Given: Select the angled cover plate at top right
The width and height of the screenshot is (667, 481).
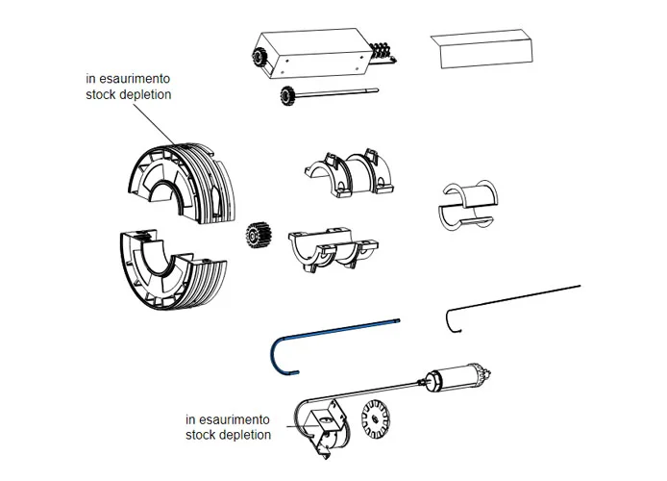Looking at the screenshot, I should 485,50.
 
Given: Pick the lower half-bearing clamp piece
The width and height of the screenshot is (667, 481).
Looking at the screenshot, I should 332,246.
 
